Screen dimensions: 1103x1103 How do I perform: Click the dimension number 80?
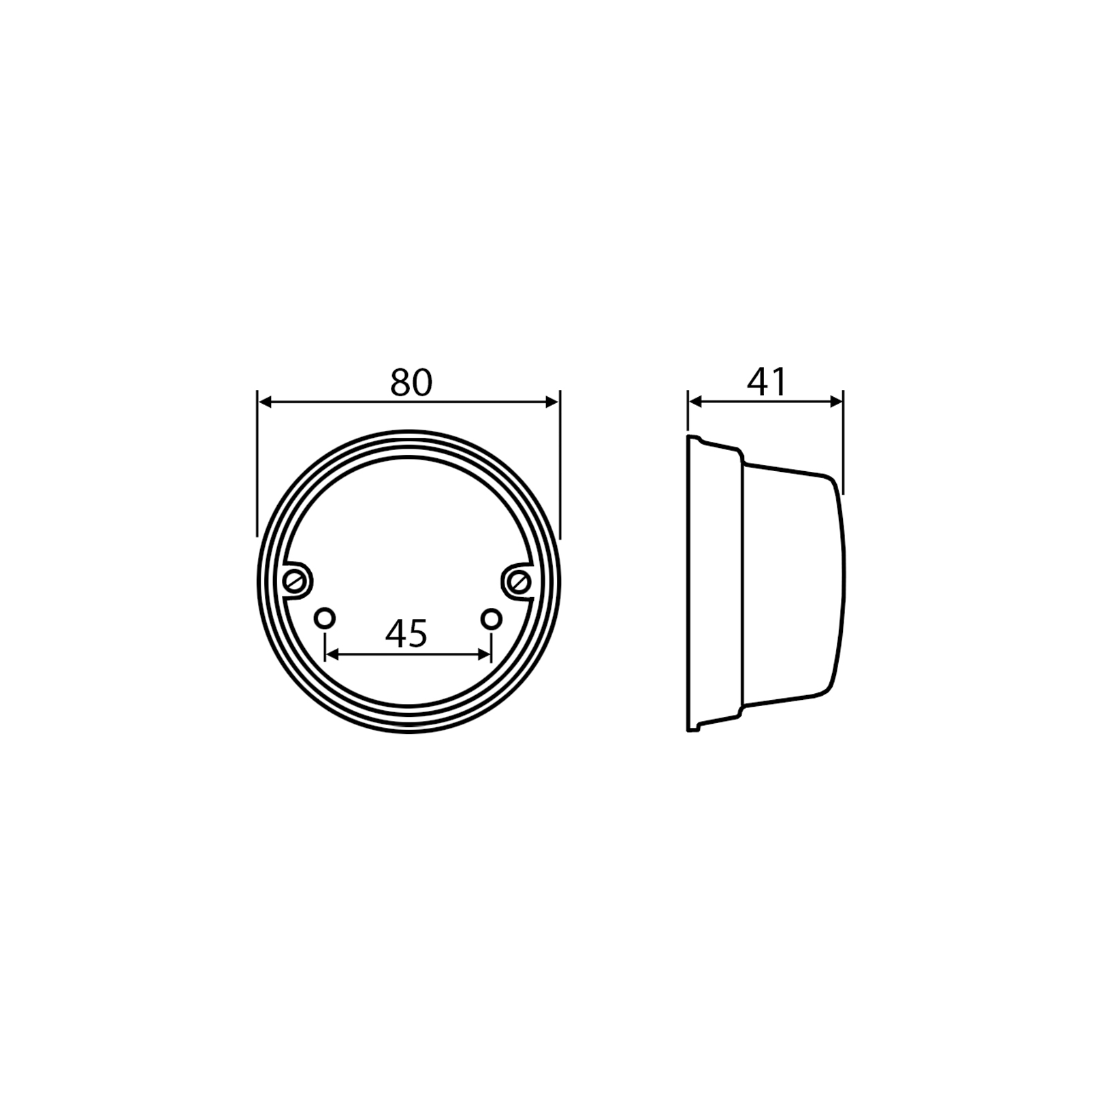(411, 383)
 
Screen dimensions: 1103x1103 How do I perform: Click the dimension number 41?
(766, 383)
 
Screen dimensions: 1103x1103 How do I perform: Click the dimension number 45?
(406, 634)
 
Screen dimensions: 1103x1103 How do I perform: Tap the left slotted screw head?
(295, 581)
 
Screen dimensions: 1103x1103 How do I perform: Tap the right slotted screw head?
(520, 581)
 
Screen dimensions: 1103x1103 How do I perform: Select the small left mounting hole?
(325, 619)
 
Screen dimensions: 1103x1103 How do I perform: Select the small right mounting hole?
(491, 619)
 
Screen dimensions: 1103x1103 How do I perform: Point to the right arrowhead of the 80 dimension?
(551, 402)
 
